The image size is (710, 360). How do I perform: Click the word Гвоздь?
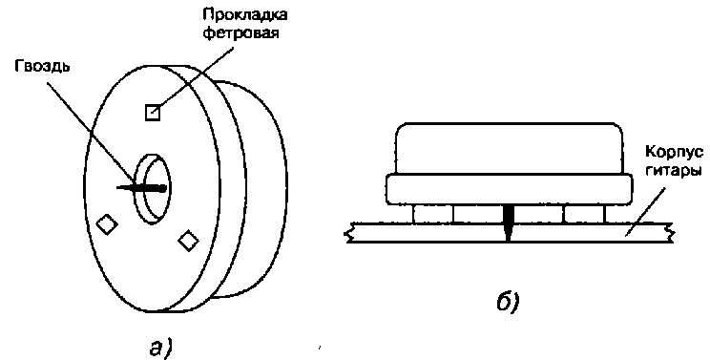click(43, 68)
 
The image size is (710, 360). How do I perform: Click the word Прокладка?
click(244, 15)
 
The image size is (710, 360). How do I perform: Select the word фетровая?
click(240, 34)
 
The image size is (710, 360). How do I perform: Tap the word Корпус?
click(675, 153)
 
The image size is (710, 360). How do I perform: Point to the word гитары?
click(675, 172)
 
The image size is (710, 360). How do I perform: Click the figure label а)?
click(160, 349)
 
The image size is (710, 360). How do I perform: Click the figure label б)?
click(508, 301)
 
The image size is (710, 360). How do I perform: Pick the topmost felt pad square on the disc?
click(153, 113)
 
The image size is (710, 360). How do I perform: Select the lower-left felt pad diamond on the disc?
click(107, 224)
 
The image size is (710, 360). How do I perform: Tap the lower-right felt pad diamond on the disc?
click(188, 241)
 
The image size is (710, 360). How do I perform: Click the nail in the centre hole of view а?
click(141, 188)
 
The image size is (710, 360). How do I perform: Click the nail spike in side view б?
click(508, 222)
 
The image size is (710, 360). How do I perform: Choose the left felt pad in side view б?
click(432, 213)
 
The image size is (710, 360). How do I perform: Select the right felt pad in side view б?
click(584, 213)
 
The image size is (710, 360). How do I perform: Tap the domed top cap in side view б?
click(509, 148)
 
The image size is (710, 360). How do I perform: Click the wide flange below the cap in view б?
click(509, 189)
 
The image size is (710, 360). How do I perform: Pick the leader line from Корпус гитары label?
click(646, 211)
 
